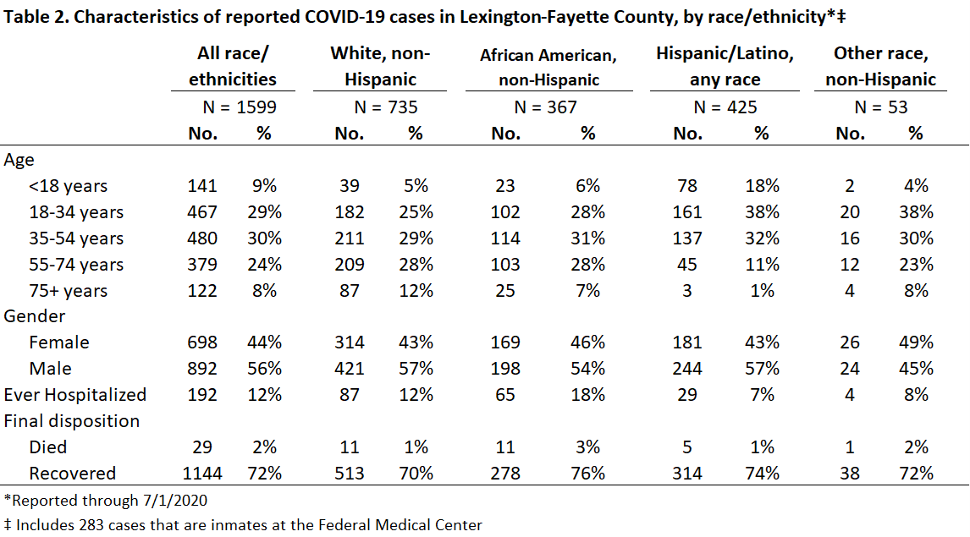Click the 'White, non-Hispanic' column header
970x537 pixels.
pyautogui.click(x=380, y=66)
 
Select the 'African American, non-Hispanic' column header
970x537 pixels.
pyautogui.click(x=548, y=68)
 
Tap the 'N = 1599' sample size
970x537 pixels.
pyautogui.click(x=240, y=107)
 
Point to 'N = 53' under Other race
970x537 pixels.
pyautogui.click(x=881, y=107)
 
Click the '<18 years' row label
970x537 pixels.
pyautogui.click(x=68, y=185)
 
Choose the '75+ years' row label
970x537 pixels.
pyautogui.click(x=68, y=290)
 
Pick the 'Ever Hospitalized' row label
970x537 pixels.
pyautogui.click(x=74, y=394)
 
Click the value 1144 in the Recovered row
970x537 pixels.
pyautogui.click(x=202, y=473)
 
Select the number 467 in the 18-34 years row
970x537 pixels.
pyautogui.click(x=202, y=212)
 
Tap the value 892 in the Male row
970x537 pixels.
pyautogui.click(x=202, y=369)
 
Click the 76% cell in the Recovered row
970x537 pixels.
pyautogui.click(x=587, y=473)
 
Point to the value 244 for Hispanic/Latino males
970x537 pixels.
pyautogui.click(x=687, y=369)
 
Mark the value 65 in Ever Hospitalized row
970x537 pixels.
pyautogui.click(x=505, y=394)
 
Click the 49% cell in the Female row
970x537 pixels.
pyautogui.click(x=916, y=342)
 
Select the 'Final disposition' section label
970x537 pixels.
pyautogui.click(x=72, y=421)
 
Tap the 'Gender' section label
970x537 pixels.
pyautogui.click(x=34, y=315)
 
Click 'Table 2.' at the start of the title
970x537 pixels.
pyautogui.click(x=36, y=17)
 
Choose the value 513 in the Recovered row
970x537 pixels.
pyautogui.click(x=350, y=473)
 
